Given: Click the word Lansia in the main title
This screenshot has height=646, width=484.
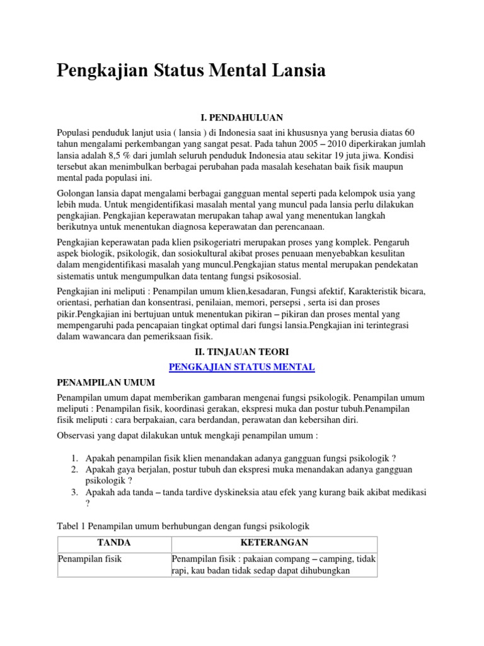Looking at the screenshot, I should coord(294,71).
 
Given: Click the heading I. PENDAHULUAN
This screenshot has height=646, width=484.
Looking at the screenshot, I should coord(242,117).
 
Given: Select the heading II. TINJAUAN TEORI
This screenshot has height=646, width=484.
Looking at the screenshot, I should coord(242,352).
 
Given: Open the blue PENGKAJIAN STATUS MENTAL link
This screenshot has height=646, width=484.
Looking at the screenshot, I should coord(242,367).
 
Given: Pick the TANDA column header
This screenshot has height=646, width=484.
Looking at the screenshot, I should coord(113,543).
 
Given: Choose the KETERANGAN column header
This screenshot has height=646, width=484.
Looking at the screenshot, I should coord(274,543).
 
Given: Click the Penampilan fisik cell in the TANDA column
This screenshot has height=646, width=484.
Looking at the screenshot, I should coord(89,559).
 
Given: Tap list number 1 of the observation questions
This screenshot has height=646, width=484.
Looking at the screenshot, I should coord(74,457).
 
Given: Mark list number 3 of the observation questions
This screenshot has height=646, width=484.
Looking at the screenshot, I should coord(74,493).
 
